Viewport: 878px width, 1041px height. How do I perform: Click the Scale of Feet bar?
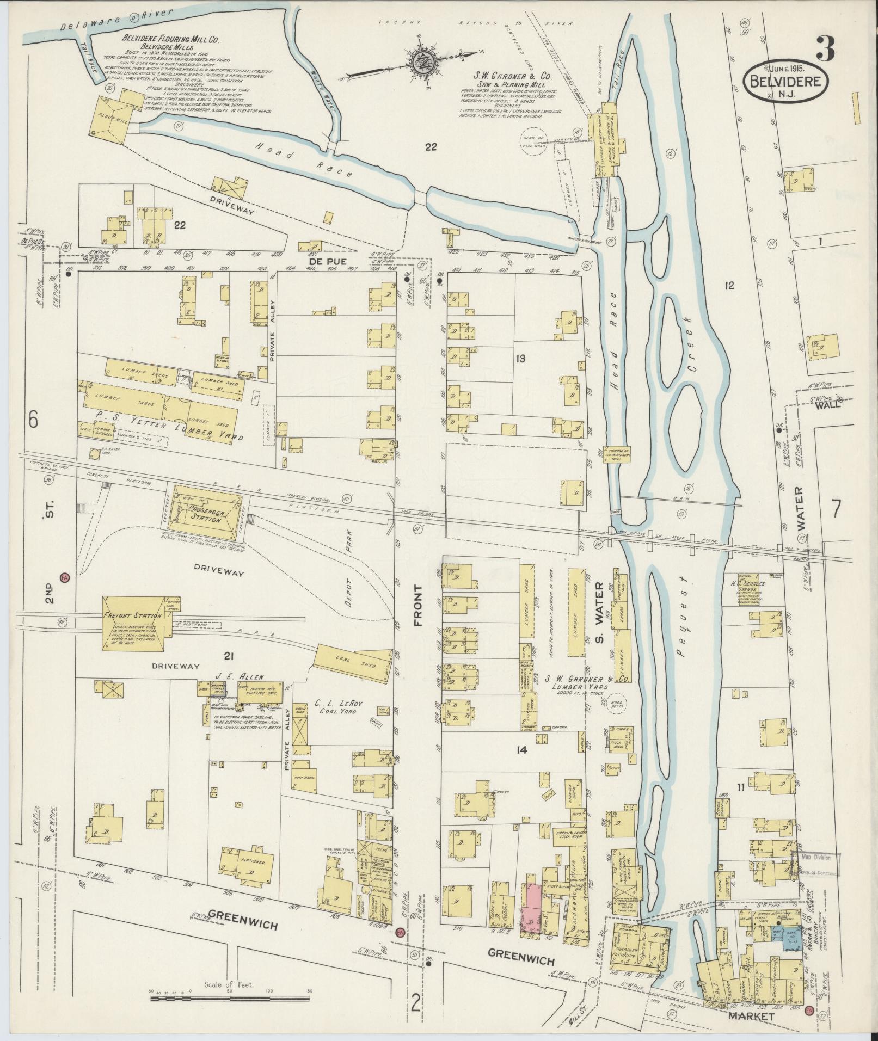[x=229, y=999]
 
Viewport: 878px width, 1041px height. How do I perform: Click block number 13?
[x=520, y=358]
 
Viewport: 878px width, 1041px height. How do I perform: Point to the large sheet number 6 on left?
[x=34, y=420]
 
